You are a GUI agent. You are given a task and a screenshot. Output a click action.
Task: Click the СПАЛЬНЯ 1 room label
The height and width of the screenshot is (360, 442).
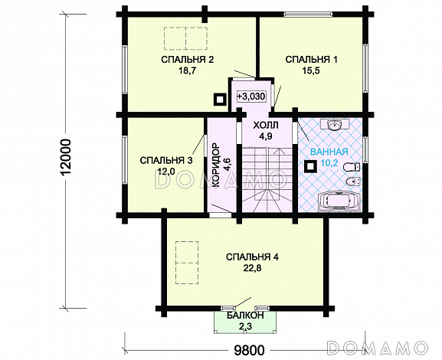311,60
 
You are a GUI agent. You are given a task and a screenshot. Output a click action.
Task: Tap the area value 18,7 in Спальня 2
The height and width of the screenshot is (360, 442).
187,70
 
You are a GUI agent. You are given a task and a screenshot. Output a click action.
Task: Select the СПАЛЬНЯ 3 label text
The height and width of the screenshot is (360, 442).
166,160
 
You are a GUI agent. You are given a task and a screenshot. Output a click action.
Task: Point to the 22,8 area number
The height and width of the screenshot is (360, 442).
252,268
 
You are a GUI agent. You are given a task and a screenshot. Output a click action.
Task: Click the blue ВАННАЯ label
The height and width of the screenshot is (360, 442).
329,152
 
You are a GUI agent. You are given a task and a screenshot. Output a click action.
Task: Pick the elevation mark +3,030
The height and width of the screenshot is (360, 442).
251,97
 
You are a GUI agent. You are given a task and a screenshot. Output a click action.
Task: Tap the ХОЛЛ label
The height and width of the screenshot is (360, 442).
266,125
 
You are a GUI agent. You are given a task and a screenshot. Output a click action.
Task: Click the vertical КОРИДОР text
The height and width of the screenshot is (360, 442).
215,165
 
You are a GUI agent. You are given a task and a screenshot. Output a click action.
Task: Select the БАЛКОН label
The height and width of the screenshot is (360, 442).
245,315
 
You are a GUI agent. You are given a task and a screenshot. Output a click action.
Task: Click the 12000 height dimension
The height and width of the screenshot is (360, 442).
65,157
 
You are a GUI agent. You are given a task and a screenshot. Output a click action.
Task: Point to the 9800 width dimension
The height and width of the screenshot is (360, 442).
250,350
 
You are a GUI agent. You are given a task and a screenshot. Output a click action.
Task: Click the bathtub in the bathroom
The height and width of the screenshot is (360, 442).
339,201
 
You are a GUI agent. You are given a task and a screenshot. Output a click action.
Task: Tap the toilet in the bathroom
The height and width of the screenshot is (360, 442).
352,168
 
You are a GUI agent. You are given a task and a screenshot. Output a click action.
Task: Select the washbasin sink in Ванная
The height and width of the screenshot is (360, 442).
335,125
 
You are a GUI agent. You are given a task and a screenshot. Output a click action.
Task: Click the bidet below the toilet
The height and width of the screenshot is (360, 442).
352,182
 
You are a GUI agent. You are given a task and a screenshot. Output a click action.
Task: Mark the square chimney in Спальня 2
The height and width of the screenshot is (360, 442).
219,100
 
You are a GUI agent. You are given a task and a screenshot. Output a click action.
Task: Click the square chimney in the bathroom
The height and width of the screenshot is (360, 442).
311,166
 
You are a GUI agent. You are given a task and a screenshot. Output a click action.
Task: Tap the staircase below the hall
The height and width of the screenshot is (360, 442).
266,179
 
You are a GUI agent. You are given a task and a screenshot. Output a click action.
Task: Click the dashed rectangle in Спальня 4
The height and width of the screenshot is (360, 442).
186,263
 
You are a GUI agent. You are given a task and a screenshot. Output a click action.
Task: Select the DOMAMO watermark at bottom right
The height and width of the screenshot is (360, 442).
377,347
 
